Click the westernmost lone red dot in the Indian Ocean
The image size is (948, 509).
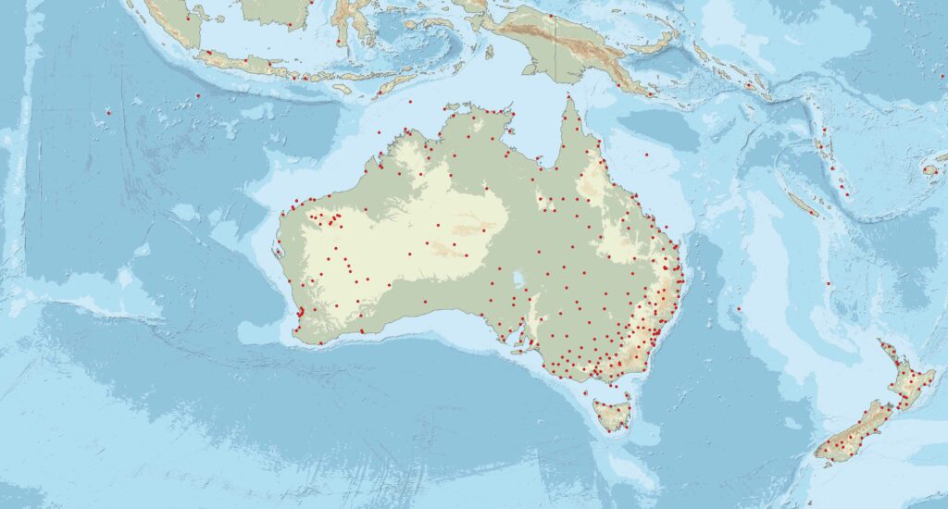pyautogui.click(x=108, y=112)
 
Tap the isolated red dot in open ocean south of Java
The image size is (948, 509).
pyautogui.click(x=197, y=95)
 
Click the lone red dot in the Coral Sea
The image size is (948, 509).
pyautogui.click(x=647, y=155)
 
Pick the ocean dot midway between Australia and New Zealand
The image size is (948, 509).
pyautogui.click(x=739, y=308)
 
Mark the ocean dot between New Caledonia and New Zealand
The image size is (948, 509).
pyautogui.click(x=828, y=283)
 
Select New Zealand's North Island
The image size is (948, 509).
pyautogui.click(x=907, y=379)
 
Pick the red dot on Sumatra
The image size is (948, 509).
pyautogui.click(x=189, y=17)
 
